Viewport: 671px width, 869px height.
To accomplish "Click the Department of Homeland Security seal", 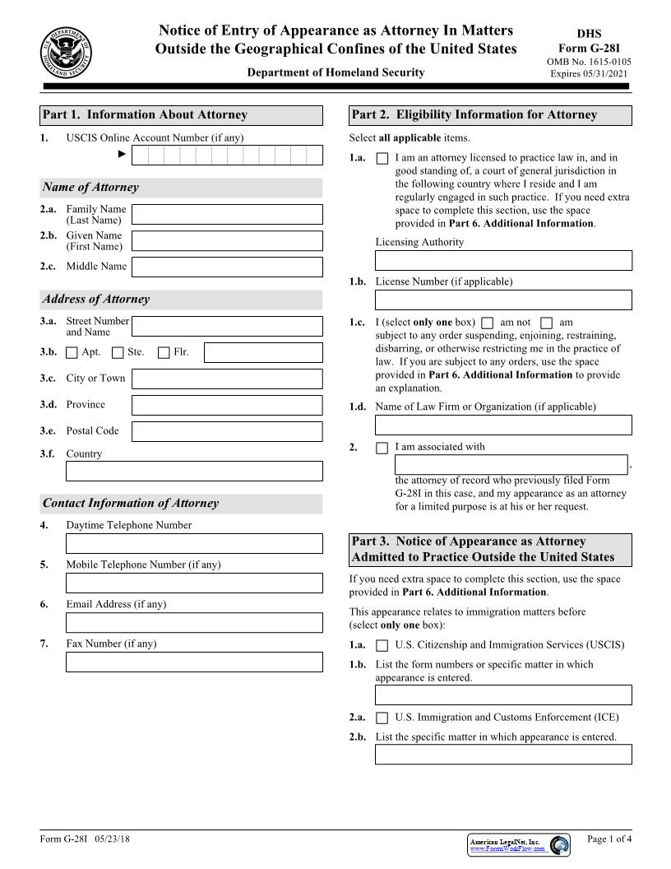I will point(66,51).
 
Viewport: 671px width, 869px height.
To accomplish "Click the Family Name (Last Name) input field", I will point(227,215).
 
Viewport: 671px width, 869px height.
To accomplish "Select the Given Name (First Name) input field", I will point(227,241).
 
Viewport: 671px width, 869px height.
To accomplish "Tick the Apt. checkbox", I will point(72,353).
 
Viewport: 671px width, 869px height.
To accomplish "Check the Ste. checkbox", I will point(118,353).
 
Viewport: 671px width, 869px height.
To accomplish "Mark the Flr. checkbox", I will point(164,353).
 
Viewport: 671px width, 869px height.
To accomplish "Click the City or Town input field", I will point(227,379).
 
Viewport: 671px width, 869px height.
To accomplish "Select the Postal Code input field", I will point(227,431).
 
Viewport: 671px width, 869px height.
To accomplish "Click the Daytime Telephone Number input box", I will point(194,544).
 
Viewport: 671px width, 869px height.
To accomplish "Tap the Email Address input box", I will point(194,623).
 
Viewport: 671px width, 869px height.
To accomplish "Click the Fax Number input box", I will point(194,662).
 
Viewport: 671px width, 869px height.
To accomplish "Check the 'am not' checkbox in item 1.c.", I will point(488,323).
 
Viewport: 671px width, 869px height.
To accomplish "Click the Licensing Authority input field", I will point(503,261).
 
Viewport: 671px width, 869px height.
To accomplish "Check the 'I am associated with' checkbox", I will point(382,448).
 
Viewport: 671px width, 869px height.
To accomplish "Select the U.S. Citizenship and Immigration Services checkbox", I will point(382,646).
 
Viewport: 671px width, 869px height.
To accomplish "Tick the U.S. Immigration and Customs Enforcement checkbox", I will point(382,718).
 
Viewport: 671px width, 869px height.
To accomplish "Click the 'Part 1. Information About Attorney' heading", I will point(145,115).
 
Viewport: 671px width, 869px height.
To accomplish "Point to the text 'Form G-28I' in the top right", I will point(588,48).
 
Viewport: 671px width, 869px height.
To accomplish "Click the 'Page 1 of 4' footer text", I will point(609,839).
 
